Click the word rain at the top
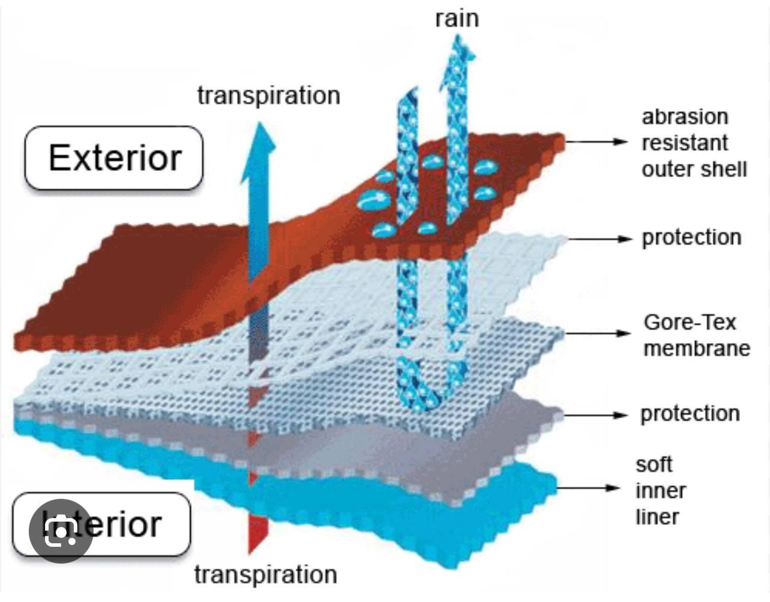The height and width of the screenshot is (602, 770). pyautogui.click(x=457, y=19)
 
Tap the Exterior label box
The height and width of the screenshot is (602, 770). pyautogui.click(x=114, y=158)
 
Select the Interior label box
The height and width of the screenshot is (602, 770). pyautogui.click(x=102, y=524)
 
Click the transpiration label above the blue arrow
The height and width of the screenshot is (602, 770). pyautogui.click(x=268, y=96)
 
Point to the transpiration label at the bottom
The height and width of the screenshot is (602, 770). pyautogui.click(x=266, y=575)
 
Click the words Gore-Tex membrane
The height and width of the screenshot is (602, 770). pyautogui.click(x=696, y=336)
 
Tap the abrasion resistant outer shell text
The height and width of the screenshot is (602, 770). pyautogui.click(x=694, y=143)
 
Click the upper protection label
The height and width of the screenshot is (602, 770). pyautogui.click(x=692, y=238)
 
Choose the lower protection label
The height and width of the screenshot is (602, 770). pyautogui.click(x=690, y=414)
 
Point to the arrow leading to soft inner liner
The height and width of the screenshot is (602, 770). pyautogui.click(x=588, y=488)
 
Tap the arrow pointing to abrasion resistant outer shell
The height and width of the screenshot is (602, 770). pyautogui.click(x=596, y=141)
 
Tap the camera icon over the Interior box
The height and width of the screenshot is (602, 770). pyautogui.click(x=61, y=531)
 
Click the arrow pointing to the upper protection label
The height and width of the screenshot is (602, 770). pyautogui.click(x=600, y=239)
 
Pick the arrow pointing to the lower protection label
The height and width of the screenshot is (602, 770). pyautogui.click(x=596, y=415)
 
